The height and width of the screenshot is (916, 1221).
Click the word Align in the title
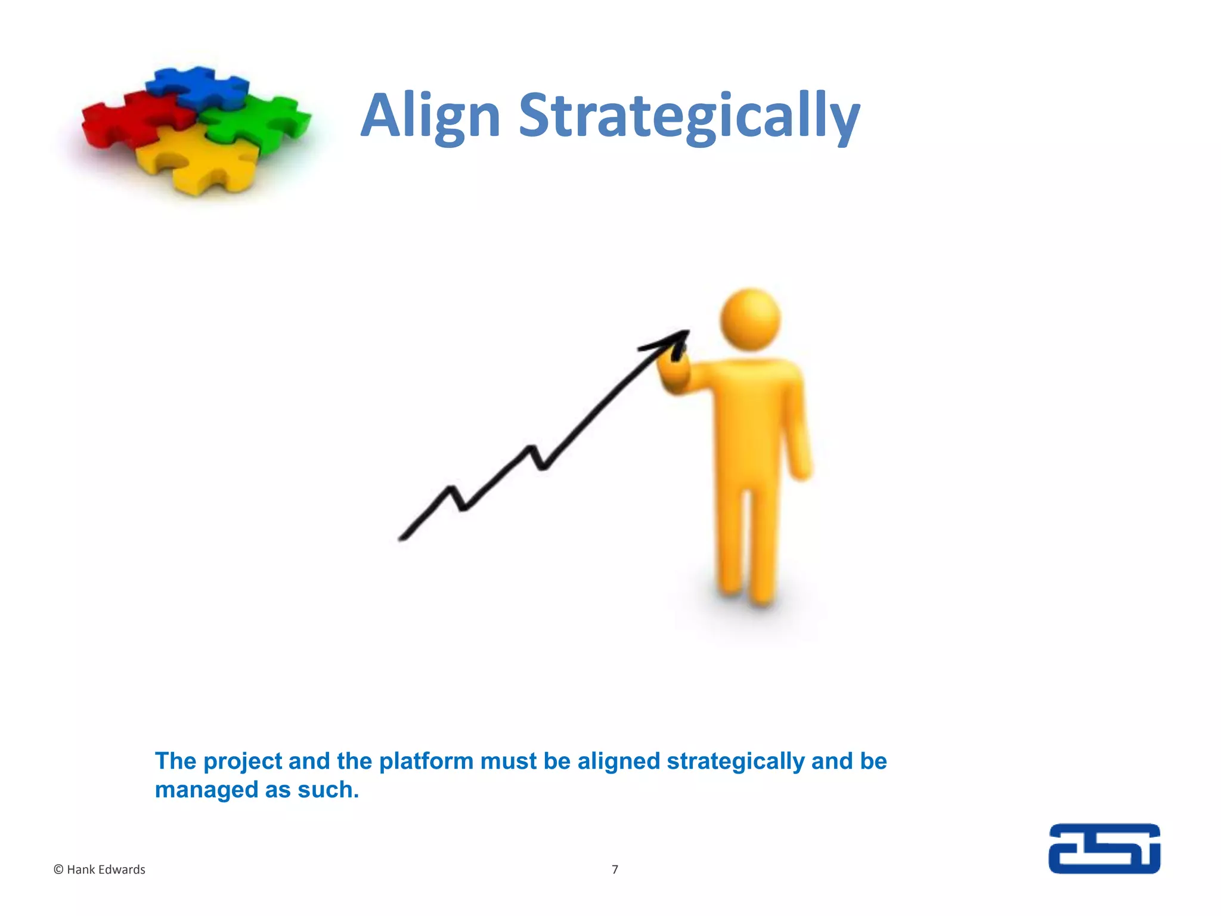pos(430,116)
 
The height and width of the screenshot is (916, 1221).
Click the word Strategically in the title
pos(689,116)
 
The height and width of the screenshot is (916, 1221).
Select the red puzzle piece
pos(131,119)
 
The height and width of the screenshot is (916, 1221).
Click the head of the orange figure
pos(750,319)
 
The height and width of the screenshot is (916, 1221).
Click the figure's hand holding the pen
pos(674,373)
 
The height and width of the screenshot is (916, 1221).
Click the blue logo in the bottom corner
pos(1104,849)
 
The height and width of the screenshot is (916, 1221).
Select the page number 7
pos(615,869)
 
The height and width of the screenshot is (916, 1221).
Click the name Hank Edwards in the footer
pos(106,869)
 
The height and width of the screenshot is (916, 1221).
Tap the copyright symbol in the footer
pos(58,869)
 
